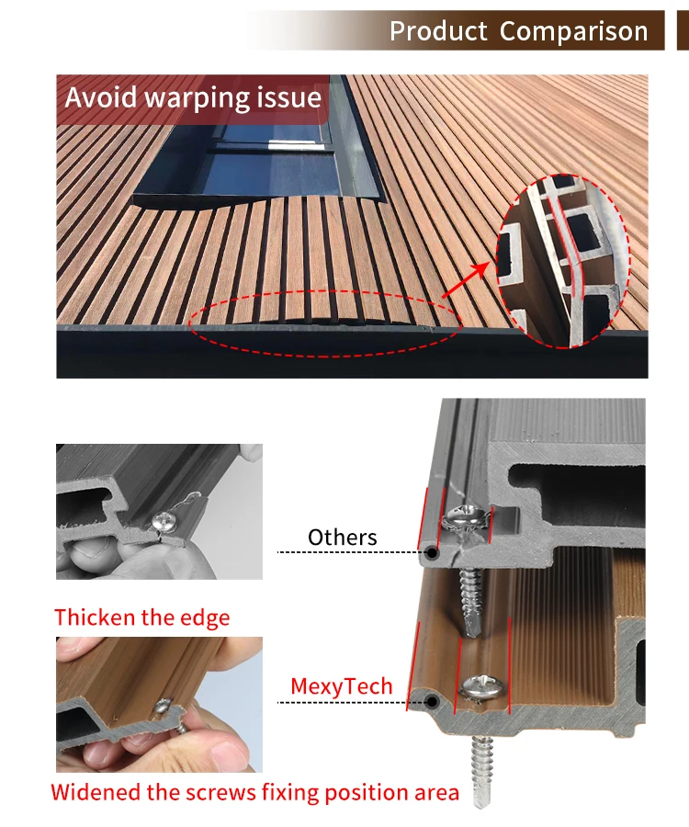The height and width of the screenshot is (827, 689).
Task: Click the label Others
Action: coord(343,538)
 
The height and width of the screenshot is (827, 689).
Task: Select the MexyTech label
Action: coord(341,686)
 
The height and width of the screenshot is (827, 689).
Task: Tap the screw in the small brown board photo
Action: coord(165,707)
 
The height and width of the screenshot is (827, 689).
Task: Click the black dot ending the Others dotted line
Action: coord(429,553)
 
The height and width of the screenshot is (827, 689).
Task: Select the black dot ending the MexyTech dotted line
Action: coord(430,703)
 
